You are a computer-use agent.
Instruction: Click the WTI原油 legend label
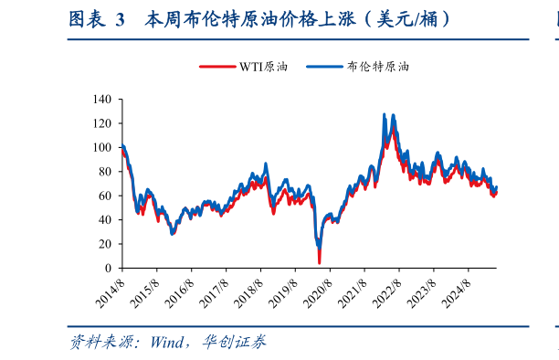coord(264,67)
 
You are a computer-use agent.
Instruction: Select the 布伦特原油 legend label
coord(378,67)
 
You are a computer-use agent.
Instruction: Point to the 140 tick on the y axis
coord(101,99)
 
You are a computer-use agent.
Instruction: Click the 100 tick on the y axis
coord(101,147)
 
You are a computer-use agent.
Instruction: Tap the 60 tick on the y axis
coord(104,196)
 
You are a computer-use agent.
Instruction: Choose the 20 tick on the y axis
coord(104,244)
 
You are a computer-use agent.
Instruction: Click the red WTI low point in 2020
coord(319,262)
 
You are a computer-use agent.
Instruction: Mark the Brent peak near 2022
coord(383,115)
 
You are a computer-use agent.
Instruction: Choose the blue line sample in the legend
coord(324,67)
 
